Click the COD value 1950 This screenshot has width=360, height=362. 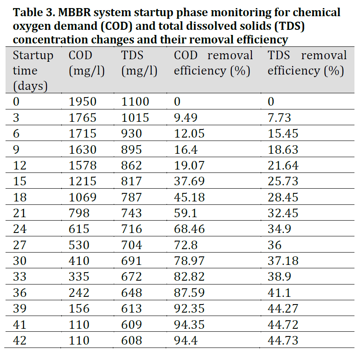click(83, 102)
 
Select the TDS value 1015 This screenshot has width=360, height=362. click(135, 118)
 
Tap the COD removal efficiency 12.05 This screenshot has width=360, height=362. click(189, 134)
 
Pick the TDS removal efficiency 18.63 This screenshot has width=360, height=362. click(283, 150)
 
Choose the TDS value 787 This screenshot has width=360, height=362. click(131, 198)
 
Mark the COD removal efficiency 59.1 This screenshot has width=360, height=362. click(185, 213)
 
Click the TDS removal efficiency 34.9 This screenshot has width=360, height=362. click(279, 229)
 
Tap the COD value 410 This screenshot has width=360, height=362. click(79, 261)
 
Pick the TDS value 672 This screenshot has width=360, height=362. click(131, 277)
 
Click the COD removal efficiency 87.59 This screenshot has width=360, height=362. click(189, 293)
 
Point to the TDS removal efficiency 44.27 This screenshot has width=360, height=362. click(283, 309)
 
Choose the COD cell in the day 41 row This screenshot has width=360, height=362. click(79, 325)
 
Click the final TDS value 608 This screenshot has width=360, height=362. click(131, 341)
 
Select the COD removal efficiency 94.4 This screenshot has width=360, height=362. click(185, 341)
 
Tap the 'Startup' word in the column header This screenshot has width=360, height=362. click(33, 55)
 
